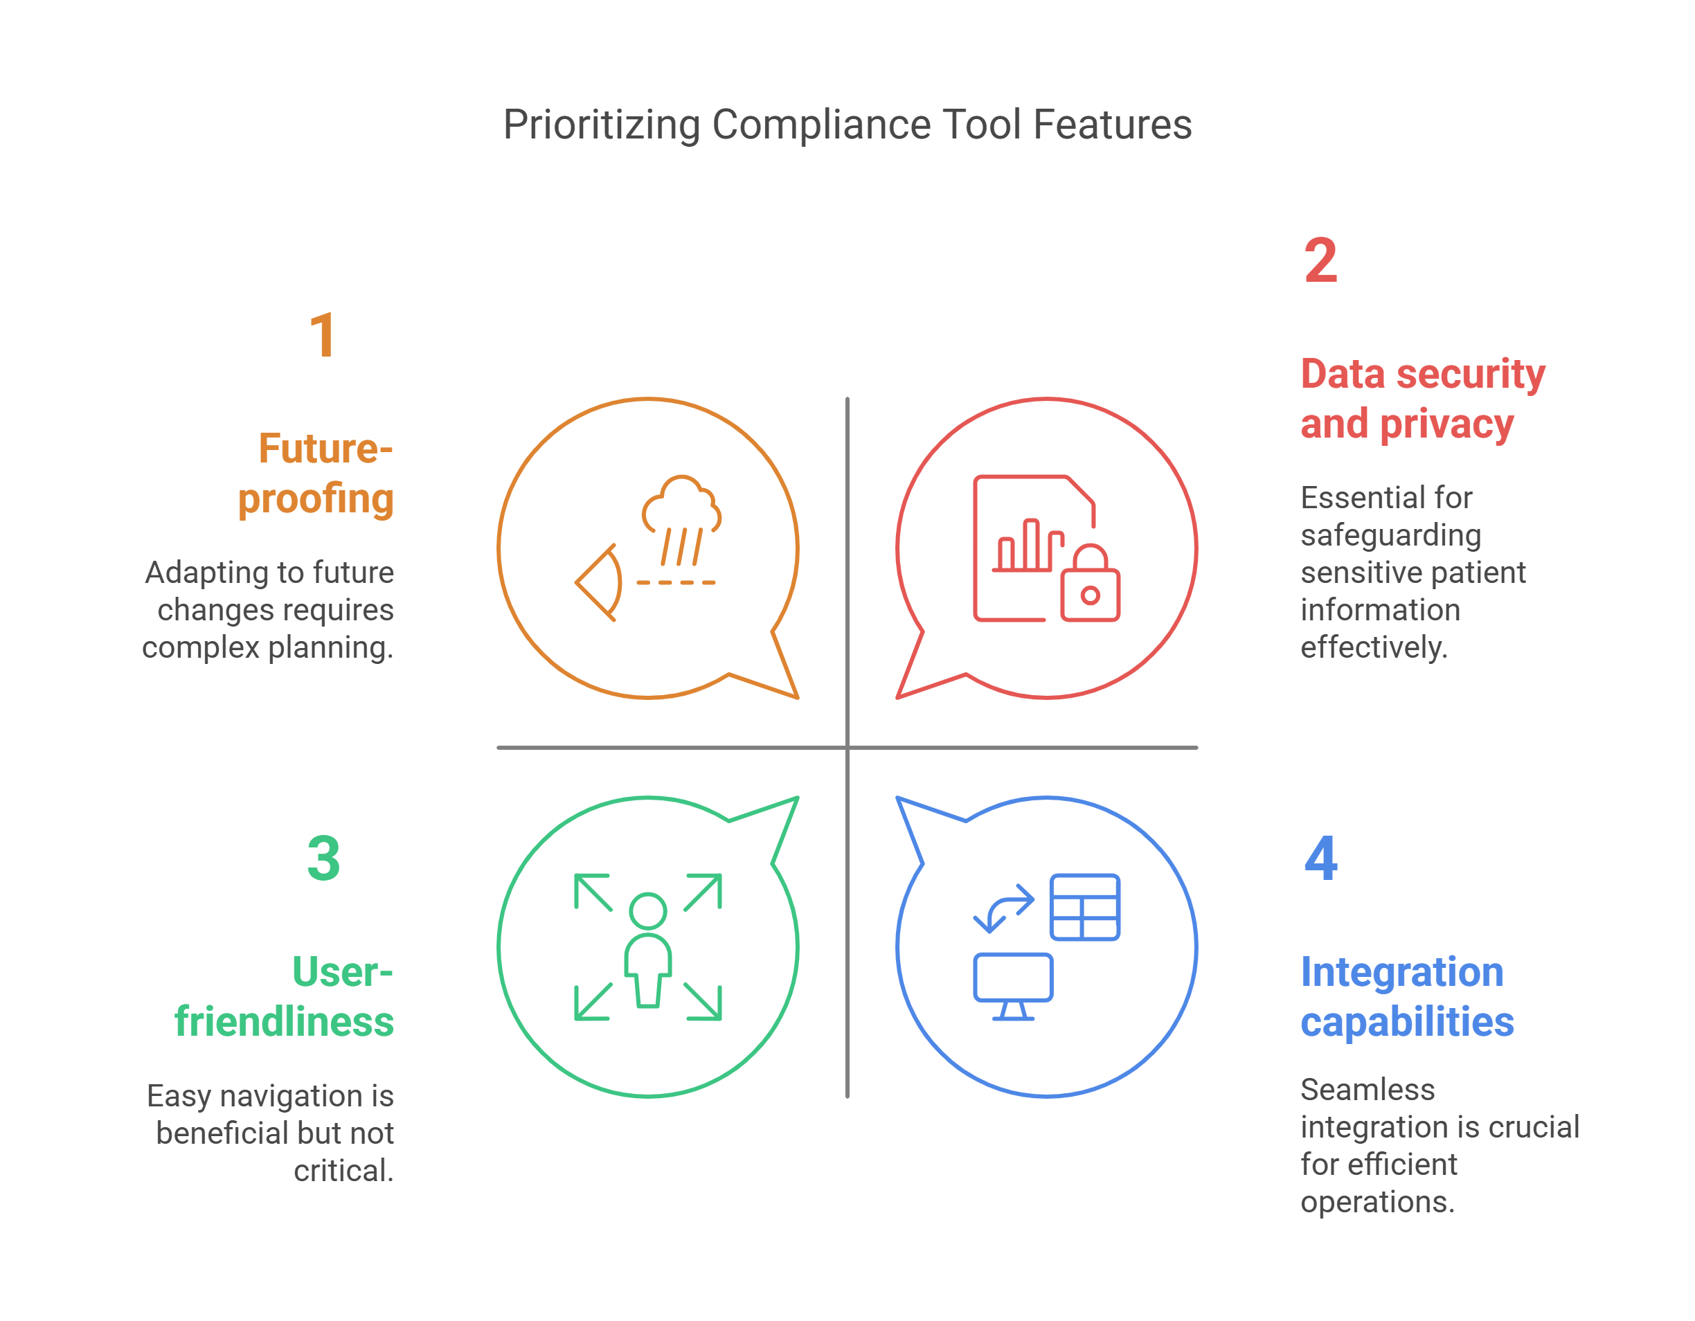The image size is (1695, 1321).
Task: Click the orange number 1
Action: [323, 335]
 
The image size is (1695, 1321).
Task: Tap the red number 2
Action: [1320, 261]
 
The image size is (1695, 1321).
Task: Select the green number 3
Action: [323, 859]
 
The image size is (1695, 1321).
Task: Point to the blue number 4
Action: [1321, 859]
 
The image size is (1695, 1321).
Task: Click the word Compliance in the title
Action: [821, 124]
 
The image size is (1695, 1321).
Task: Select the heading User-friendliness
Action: [285, 996]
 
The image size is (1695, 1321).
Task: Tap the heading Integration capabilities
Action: [1406, 996]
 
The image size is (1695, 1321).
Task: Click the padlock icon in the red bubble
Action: [1091, 585]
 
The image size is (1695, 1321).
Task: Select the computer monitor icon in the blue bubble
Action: [1013, 984]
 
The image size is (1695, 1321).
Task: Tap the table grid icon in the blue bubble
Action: [1084, 906]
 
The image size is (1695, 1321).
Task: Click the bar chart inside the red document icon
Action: [1029, 546]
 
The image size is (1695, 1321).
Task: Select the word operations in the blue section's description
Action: [1376, 1201]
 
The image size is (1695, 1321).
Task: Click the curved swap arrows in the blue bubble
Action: [1003, 908]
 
